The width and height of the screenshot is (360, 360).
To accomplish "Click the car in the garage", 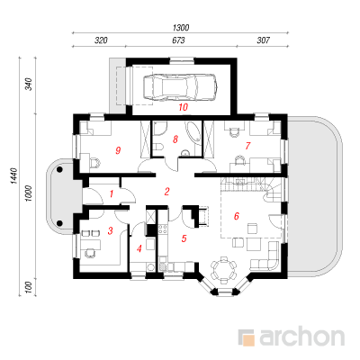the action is (x=180, y=86).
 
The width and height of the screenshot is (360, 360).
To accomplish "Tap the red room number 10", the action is (x=183, y=107).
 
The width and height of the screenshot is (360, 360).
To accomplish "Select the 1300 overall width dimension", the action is (x=181, y=28).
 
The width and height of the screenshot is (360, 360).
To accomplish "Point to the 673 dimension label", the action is (x=178, y=40).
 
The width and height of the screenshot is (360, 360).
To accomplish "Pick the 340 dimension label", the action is (x=29, y=84).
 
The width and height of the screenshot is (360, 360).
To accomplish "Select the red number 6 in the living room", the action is (x=236, y=216).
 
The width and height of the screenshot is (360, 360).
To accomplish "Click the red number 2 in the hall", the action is (x=166, y=192).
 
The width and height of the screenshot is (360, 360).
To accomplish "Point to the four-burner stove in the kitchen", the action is (x=163, y=229).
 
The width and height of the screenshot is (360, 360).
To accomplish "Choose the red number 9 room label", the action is (x=118, y=150).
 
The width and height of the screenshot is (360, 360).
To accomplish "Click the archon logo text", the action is (x=301, y=337).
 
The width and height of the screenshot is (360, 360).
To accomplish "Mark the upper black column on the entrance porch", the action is (x=59, y=170).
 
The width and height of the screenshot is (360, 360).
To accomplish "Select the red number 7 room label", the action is (x=247, y=146).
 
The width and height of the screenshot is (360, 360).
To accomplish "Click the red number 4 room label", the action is (x=139, y=248).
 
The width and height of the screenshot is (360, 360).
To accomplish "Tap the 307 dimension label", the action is (x=263, y=40).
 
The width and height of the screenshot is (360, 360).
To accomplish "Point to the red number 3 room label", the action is (x=110, y=230).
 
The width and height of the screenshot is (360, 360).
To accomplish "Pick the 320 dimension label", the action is (x=101, y=40).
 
